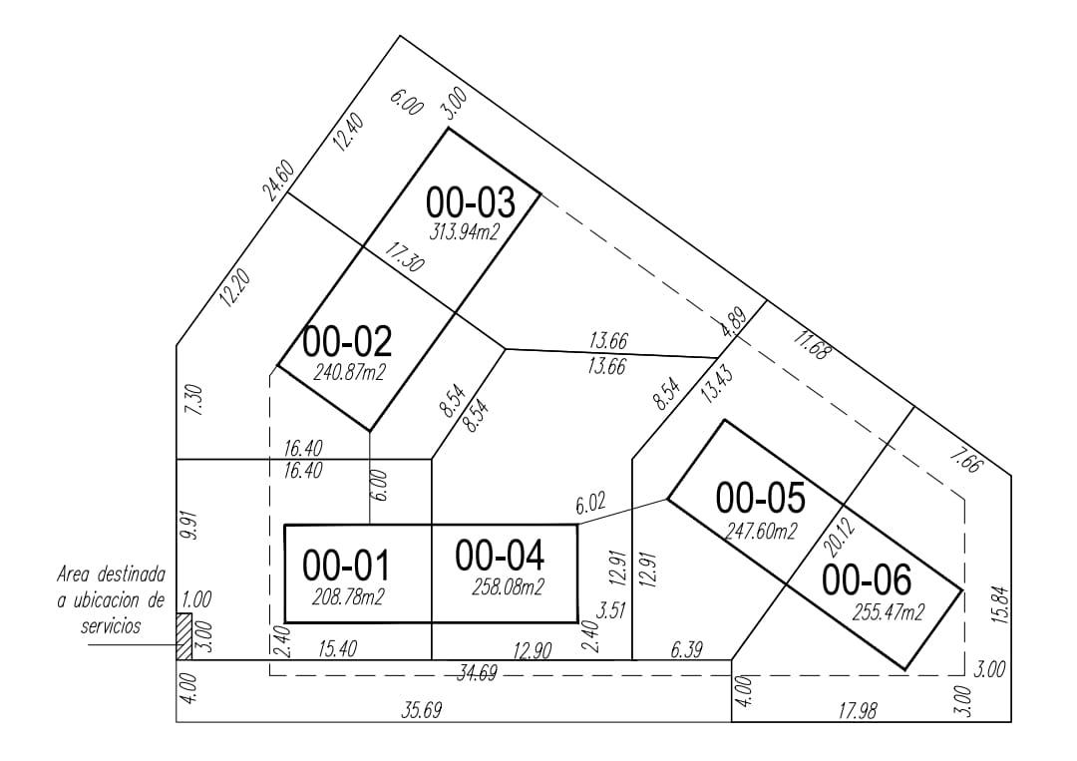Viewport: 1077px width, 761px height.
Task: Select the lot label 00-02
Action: coord(348,341)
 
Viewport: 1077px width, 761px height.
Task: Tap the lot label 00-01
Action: coord(346,566)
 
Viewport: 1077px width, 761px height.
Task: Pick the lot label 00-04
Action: coord(500,556)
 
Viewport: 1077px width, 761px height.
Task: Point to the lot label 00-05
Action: coord(760,498)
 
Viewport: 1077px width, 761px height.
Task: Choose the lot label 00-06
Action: coord(867,579)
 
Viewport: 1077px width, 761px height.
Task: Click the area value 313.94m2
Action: coord(465,231)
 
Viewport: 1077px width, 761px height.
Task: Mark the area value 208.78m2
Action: coord(348,596)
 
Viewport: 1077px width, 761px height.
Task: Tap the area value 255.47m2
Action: coord(889,612)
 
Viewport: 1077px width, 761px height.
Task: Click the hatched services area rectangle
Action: coord(184,636)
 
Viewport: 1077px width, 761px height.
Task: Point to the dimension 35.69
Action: coord(421,710)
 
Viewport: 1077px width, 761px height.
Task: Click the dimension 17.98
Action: coord(858,710)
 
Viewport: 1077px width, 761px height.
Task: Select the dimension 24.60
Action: coord(280,180)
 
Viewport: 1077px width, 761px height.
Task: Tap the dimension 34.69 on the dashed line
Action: coord(477,673)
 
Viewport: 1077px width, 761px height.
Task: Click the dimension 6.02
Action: coord(590,505)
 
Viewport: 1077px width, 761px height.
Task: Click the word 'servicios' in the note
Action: coord(111,625)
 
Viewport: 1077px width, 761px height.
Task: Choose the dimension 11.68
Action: coord(813,345)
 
